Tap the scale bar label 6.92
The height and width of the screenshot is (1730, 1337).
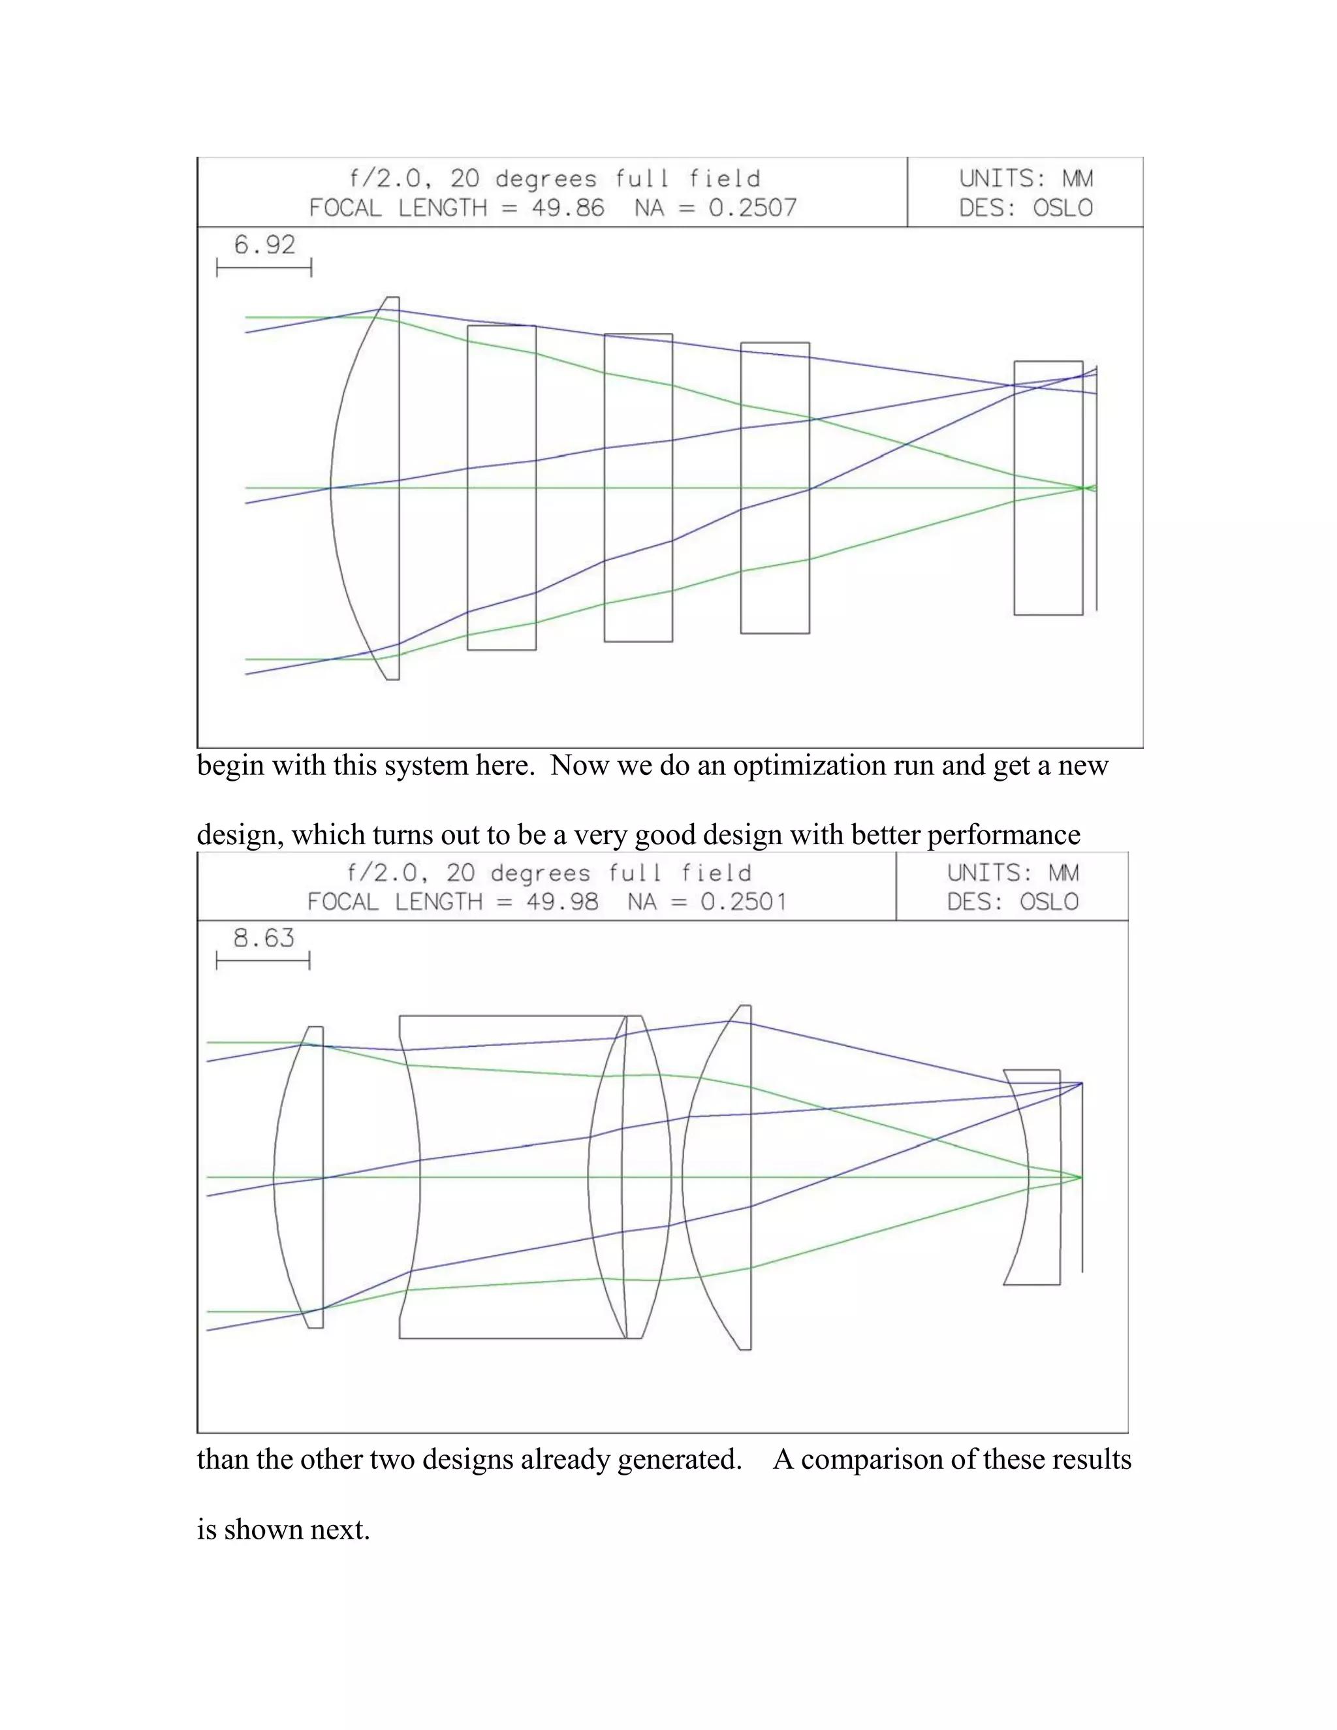pos(264,245)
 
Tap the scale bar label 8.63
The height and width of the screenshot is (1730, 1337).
pos(263,938)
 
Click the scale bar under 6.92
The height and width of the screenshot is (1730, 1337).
pos(264,268)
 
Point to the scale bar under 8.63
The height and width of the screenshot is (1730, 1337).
pos(263,962)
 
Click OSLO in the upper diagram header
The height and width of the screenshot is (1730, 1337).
pos(1062,208)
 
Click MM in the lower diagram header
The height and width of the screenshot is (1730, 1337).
pos(1063,873)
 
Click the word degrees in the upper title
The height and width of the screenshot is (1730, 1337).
pos(546,179)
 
